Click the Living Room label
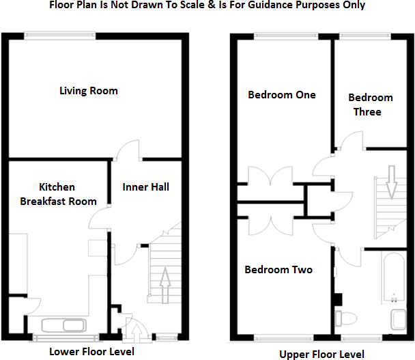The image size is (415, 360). click(x=89, y=90)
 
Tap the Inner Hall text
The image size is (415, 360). click(x=145, y=186)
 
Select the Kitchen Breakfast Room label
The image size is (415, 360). click(x=58, y=194)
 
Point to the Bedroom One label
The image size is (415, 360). click(x=281, y=95)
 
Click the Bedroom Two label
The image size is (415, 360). click(x=278, y=270)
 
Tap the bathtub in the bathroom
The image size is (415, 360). click(x=395, y=279)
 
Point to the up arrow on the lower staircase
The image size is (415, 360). click(x=164, y=278)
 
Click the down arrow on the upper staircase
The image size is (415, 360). click(x=392, y=180)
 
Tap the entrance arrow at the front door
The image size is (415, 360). click(x=136, y=333)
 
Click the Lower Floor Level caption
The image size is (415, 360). click(x=91, y=352)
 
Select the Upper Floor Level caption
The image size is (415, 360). click(x=321, y=354)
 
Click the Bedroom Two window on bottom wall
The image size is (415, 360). click(x=279, y=337)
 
